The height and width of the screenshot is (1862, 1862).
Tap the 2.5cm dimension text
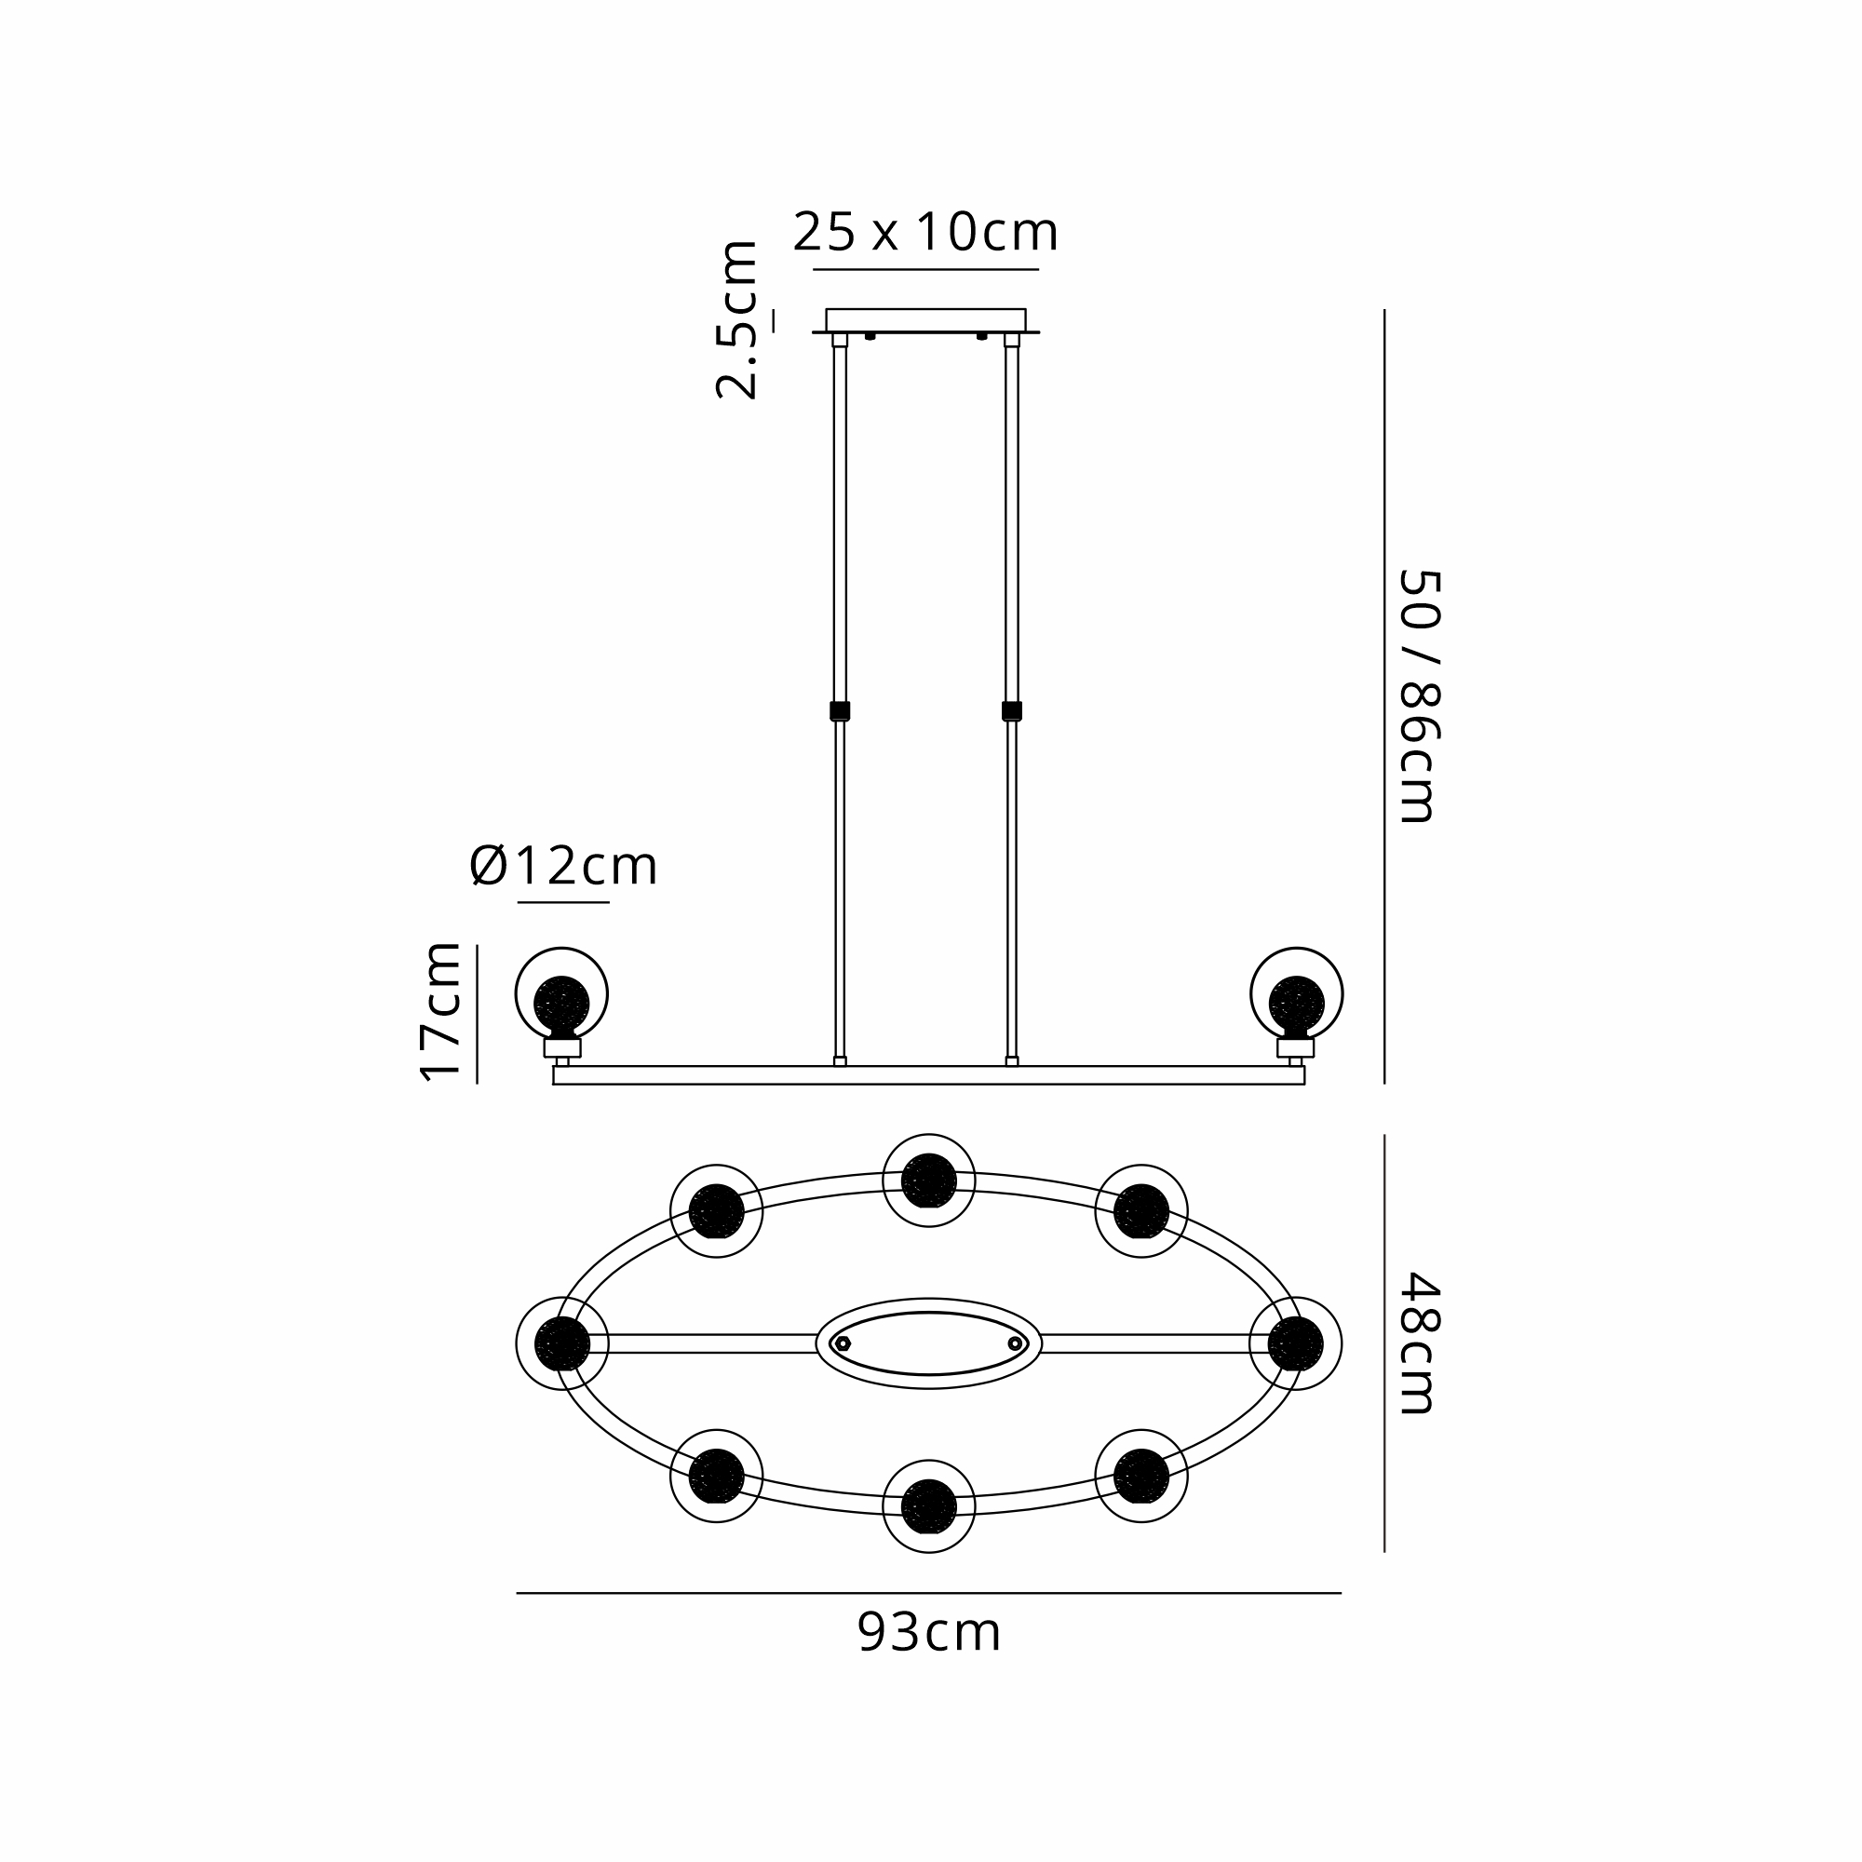point(737,320)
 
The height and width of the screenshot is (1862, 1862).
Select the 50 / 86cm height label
point(1418,695)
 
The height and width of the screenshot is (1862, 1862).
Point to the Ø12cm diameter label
point(563,866)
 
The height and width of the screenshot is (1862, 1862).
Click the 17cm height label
point(441,1012)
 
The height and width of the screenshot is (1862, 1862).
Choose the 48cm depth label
point(1418,1343)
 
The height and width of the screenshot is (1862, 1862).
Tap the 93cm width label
point(929,1633)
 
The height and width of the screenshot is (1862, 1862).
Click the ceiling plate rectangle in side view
point(925,320)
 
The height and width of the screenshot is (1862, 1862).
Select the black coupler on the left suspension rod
point(840,711)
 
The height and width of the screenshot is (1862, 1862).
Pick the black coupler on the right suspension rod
point(1011,711)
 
